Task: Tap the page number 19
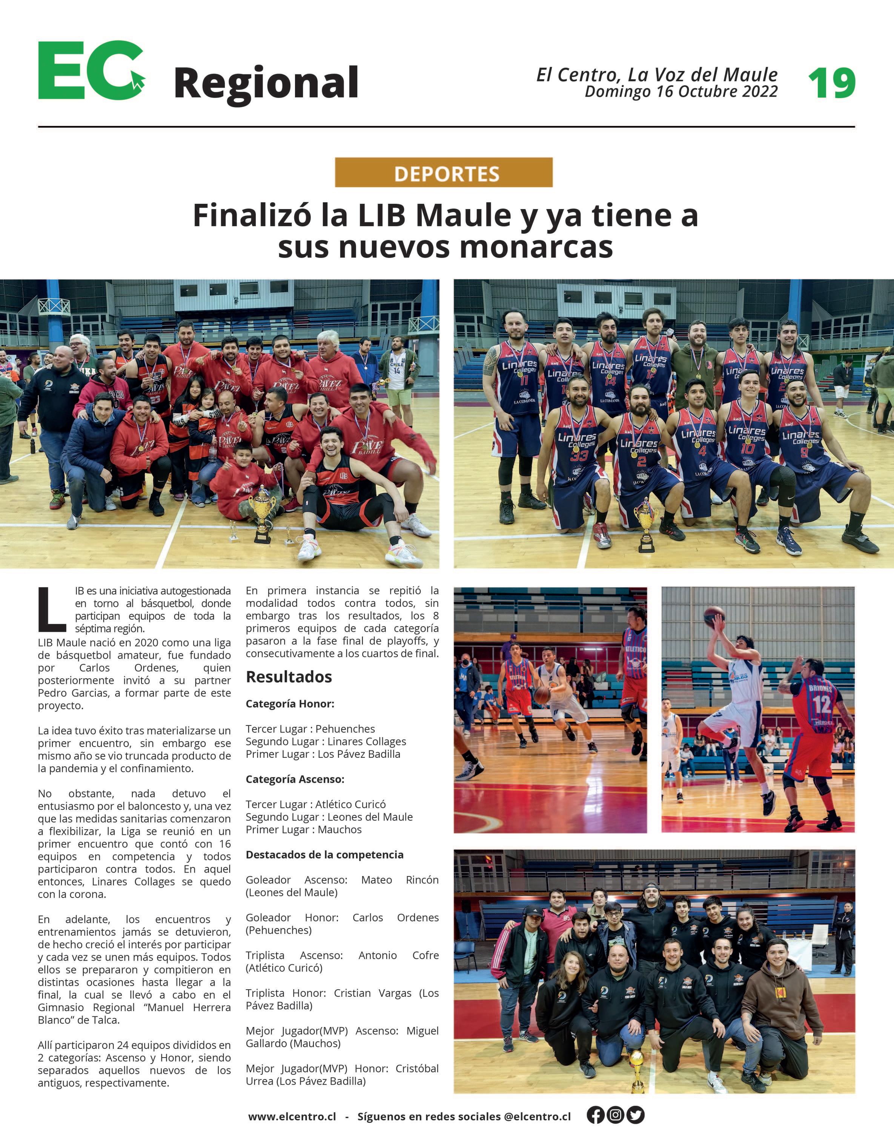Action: tap(831, 83)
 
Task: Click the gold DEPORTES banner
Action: tap(444, 172)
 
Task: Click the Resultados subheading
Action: tap(289, 677)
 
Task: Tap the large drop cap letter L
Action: tap(51, 610)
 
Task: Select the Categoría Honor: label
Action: tap(290, 704)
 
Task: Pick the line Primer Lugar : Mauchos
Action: tap(303, 830)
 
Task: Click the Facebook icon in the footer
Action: tap(595, 1115)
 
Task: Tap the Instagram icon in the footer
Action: tap(615, 1115)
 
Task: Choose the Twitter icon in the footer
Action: tap(635, 1115)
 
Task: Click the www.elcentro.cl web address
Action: tap(292, 1116)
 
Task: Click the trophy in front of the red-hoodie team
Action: tap(261, 512)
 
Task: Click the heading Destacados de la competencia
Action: tap(324, 855)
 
